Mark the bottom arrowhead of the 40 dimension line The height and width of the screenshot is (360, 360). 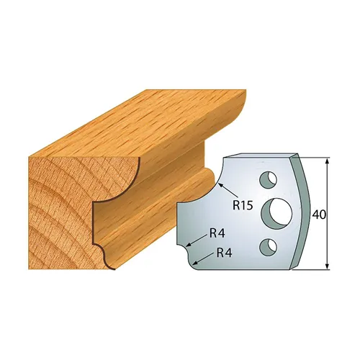point(328,269)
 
